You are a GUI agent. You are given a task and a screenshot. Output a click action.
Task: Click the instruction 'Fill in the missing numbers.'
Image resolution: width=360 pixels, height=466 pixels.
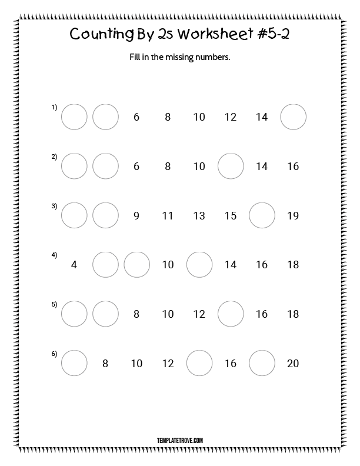tap(179, 58)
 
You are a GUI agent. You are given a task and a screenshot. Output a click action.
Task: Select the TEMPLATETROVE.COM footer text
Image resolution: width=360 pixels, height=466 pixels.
tap(180, 440)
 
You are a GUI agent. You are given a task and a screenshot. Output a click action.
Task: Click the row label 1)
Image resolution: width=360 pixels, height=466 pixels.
tap(54, 107)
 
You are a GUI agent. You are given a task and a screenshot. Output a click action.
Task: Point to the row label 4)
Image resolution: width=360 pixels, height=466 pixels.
tap(54, 255)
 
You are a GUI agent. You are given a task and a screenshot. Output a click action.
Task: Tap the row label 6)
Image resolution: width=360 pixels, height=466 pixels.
tap(54, 354)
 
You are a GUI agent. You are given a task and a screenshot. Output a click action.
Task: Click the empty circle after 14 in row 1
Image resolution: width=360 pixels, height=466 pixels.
tap(293, 117)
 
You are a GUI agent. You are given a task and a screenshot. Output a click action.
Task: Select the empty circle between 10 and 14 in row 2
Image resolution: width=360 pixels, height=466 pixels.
tap(231, 167)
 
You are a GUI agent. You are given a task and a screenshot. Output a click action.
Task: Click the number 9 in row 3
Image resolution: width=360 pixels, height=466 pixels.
tap(136, 216)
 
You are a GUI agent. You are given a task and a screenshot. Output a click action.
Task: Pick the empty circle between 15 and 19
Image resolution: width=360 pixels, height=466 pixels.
tap(262, 216)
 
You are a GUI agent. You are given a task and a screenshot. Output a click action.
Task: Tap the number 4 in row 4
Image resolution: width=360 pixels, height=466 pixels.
tap(74, 265)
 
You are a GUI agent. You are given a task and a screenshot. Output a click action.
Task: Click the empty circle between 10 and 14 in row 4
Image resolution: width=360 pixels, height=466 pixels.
tap(199, 265)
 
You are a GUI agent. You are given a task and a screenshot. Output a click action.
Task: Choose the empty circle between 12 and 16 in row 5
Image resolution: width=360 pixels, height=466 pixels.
tap(231, 314)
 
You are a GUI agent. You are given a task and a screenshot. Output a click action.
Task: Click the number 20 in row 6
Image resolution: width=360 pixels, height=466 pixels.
tap(293, 364)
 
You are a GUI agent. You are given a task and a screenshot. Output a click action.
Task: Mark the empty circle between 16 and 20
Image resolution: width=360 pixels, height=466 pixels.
tap(262, 364)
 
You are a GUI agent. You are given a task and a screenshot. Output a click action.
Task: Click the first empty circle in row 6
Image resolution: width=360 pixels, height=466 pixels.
tap(74, 364)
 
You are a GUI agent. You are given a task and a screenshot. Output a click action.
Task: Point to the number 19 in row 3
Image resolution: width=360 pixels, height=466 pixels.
tap(293, 216)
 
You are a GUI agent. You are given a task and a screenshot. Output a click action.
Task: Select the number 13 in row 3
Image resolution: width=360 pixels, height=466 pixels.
tap(199, 216)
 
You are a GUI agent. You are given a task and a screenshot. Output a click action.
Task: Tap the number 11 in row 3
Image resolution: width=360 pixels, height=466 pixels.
tap(168, 216)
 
